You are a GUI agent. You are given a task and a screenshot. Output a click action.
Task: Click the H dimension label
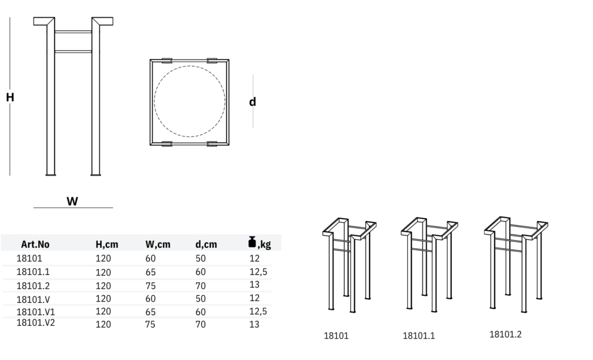coord(10,98)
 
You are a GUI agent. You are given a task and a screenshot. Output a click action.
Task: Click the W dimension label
coord(72,201)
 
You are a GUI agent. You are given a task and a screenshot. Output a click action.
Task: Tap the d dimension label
coord(252,102)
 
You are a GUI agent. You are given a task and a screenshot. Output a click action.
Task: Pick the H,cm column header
coord(107,244)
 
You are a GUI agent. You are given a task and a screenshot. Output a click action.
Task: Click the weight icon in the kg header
coord(252,242)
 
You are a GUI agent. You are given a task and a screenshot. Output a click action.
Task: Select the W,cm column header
coord(158,244)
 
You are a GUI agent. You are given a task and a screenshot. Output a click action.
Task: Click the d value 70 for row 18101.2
coord(200,285)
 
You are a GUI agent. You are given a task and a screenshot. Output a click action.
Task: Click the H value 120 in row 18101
coord(103,259)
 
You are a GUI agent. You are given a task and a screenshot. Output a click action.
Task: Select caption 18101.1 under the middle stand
coord(418,336)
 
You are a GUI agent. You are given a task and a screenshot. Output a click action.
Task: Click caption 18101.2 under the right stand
coord(506,334)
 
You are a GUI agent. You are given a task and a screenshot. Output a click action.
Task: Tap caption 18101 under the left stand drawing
coord(336,336)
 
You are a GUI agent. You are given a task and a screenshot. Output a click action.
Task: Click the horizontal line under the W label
coord(73,208)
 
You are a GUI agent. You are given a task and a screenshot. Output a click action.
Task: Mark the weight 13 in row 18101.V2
coord(254,324)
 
